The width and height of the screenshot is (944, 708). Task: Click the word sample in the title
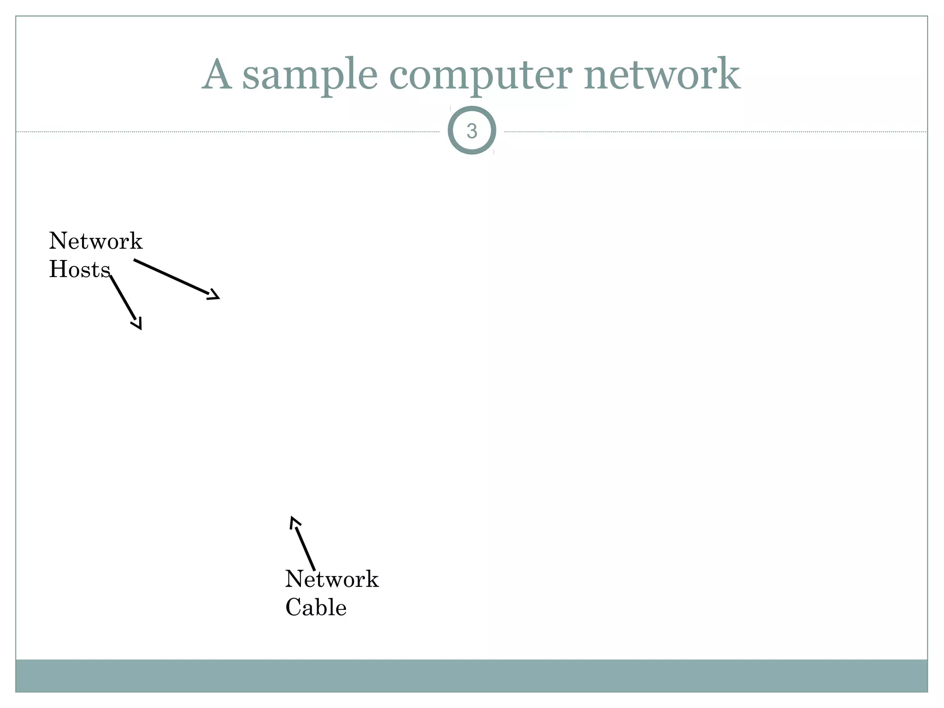(x=309, y=75)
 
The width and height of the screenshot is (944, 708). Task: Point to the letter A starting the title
(x=217, y=75)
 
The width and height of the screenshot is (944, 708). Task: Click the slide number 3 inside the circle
(x=472, y=131)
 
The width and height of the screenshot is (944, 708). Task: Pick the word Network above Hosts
(x=96, y=241)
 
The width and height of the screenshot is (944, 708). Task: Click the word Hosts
(x=80, y=270)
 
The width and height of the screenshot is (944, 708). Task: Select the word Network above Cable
(x=332, y=579)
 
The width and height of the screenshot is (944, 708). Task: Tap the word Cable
(x=316, y=608)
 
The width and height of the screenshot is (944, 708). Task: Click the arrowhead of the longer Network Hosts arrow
(x=214, y=295)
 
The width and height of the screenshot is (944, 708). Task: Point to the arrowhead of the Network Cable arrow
(x=294, y=522)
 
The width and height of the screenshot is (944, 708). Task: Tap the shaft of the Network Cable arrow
(x=305, y=549)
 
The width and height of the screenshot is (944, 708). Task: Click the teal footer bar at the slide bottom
(x=472, y=675)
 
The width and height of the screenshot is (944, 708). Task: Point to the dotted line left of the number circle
(x=230, y=132)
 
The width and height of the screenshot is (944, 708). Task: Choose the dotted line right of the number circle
(x=714, y=132)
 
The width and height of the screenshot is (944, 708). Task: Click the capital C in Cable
(x=294, y=608)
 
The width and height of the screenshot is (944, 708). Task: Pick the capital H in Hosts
(x=57, y=270)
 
